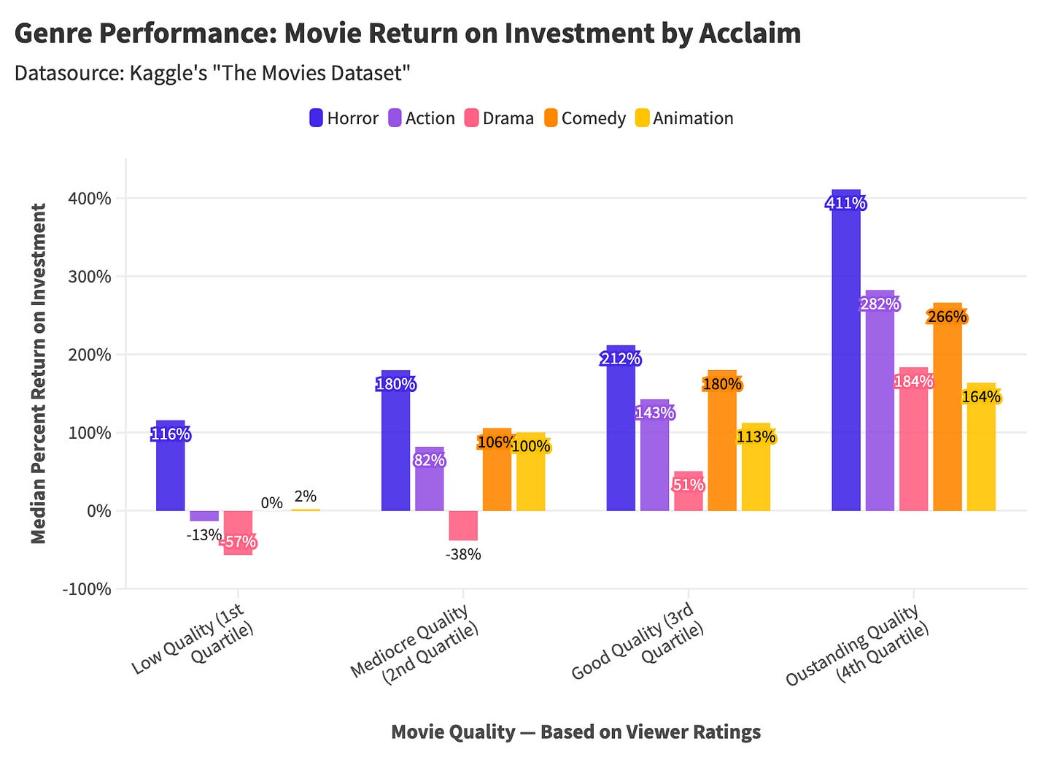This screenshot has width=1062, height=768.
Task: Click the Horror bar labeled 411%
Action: click(845, 350)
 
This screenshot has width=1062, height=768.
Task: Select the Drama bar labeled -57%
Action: click(238, 532)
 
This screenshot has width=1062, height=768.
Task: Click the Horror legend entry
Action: click(344, 118)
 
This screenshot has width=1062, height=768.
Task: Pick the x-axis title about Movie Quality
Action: click(575, 732)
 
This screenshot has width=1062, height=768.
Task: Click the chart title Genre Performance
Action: click(407, 34)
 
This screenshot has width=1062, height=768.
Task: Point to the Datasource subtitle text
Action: click(212, 73)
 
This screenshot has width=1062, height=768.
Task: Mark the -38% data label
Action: click(463, 554)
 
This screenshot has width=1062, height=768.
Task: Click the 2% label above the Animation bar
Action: click(305, 496)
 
